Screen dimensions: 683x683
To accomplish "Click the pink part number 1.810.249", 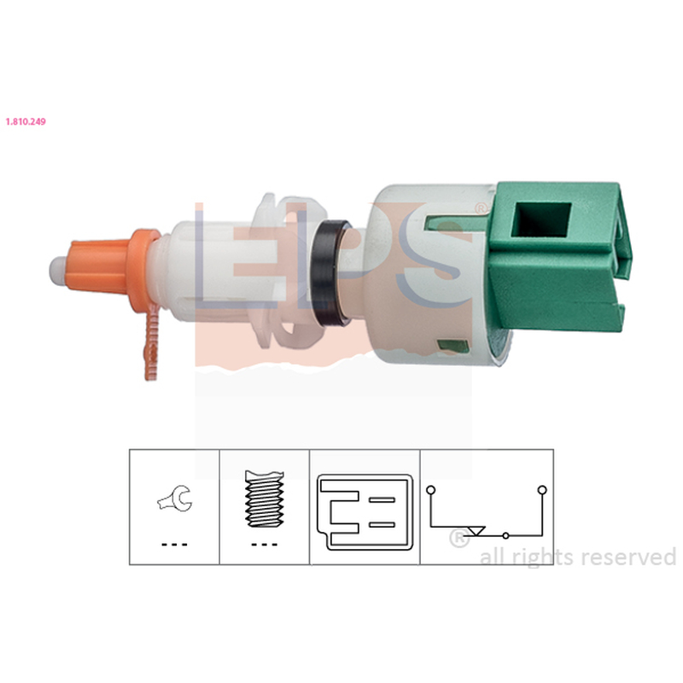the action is click(26, 121).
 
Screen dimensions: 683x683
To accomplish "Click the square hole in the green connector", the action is click(540, 219).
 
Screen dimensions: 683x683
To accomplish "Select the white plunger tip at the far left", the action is click(57, 271).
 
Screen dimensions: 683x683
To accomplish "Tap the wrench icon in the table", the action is click(175, 499).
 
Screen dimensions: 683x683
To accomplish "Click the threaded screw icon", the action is click(265, 499).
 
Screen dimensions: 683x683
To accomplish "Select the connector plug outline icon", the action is click(365, 512).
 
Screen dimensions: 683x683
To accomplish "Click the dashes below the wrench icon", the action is click(174, 545).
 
